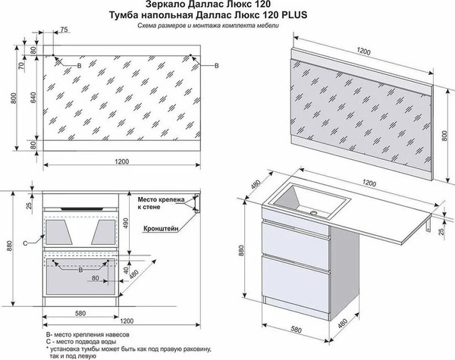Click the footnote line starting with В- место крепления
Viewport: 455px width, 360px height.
click(84, 334)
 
